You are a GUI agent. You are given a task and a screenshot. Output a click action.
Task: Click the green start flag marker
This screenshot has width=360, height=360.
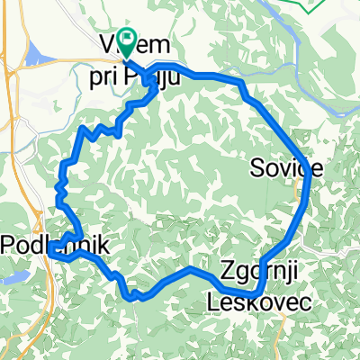point(126,40)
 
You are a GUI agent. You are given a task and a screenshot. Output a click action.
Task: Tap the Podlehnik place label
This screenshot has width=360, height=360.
point(56,244)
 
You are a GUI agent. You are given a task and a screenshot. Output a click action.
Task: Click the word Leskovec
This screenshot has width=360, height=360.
point(261,302)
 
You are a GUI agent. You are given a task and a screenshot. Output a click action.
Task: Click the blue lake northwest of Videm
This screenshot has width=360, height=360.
point(38,57)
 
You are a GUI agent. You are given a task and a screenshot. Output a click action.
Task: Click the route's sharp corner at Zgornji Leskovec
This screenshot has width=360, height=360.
point(256,293)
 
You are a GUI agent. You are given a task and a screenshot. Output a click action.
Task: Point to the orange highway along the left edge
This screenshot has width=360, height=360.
point(11,135)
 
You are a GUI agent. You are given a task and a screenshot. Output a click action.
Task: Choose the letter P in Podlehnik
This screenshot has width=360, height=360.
point(9,244)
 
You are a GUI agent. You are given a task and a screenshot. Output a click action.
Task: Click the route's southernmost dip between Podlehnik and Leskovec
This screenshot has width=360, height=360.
point(132,294)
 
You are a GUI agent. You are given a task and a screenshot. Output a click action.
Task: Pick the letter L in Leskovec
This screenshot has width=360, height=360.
point(213,302)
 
